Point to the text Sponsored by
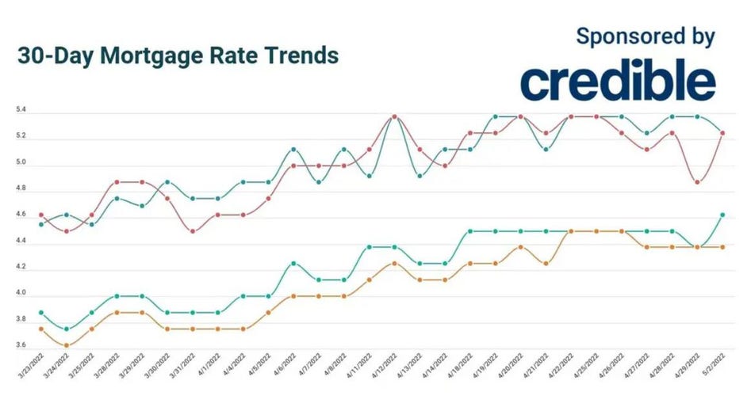click(x=645, y=36)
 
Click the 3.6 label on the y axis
click(x=21, y=345)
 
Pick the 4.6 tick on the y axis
click(x=21, y=215)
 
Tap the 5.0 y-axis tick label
click(x=21, y=163)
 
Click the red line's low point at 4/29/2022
click(x=697, y=182)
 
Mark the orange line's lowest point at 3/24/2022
click(x=67, y=345)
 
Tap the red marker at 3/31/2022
click(x=192, y=231)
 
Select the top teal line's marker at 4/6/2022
click(x=293, y=149)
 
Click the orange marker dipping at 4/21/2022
click(x=545, y=264)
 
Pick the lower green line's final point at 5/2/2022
click(x=722, y=215)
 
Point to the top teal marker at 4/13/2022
click(x=419, y=175)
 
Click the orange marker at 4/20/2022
click(x=520, y=247)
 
